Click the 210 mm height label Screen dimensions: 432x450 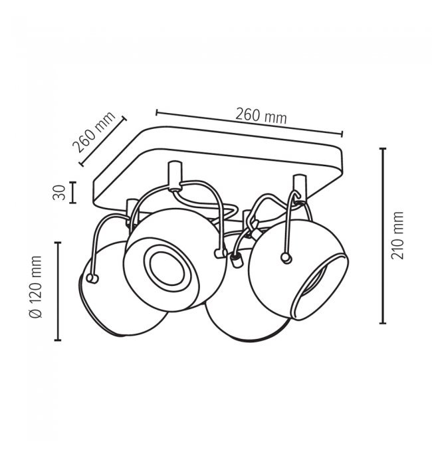(397, 235)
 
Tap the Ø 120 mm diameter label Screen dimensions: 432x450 (36, 286)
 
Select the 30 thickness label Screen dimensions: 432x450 (59, 193)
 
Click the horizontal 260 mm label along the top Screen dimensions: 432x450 (261, 116)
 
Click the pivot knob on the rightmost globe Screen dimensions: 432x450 (286, 258)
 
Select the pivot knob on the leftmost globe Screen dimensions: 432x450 (92, 279)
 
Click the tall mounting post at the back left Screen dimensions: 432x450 (175, 176)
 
